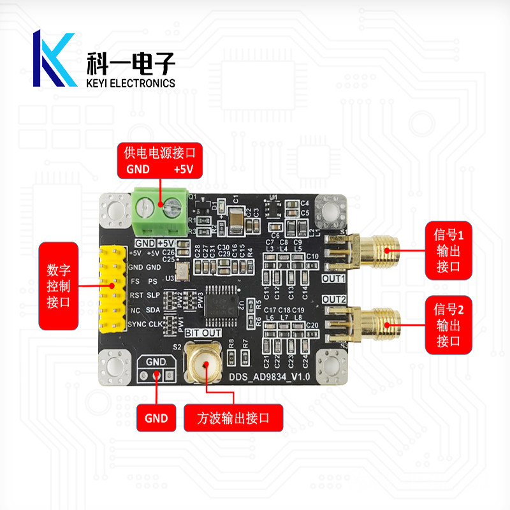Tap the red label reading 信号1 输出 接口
pyautogui.click(x=448, y=252)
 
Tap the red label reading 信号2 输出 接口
pyautogui.click(x=448, y=326)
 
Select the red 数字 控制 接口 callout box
pyautogui.click(x=59, y=286)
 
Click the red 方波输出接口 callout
pyautogui.click(x=233, y=418)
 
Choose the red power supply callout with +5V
pyautogui.click(x=159, y=160)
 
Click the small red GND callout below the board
pyautogui.click(x=156, y=418)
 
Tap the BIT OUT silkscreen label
pyautogui.click(x=203, y=333)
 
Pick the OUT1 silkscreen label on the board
pyautogui.click(x=333, y=279)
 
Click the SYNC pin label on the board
pyautogui.click(x=136, y=324)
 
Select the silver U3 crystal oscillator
pyautogui.click(x=181, y=272)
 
